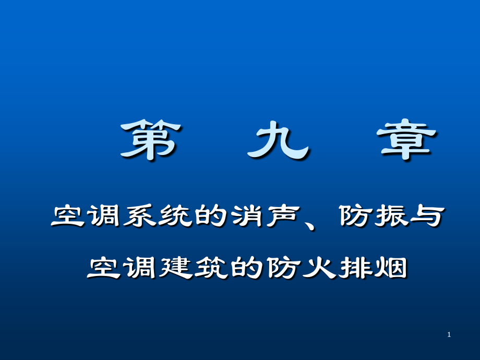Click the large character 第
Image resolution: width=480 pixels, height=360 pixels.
[x=150, y=140]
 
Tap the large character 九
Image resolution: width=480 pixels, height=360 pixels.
[x=278, y=140]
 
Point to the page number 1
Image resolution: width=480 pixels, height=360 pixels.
[x=449, y=334]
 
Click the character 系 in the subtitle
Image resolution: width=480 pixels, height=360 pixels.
[x=140, y=216]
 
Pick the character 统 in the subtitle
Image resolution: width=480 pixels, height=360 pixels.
[x=176, y=216]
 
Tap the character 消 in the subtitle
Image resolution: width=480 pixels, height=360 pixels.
[x=248, y=216]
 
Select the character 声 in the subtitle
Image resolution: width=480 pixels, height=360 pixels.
[x=283, y=216]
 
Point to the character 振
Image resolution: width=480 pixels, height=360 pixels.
[x=392, y=216]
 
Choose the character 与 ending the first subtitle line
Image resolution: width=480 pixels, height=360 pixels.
[x=428, y=216]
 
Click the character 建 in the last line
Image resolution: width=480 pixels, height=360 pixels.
[x=176, y=268]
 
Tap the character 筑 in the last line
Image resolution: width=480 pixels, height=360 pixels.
[x=212, y=268]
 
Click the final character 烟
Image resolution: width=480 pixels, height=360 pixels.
[x=391, y=268]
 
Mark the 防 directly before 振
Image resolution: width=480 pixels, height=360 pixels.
[x=356, y=216]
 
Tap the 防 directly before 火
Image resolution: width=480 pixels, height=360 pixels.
[x=283, y=268]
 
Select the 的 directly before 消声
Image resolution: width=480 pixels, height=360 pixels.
[x=212, y=216]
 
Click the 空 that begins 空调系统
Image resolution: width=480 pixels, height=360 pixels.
[x=67, y=216]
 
